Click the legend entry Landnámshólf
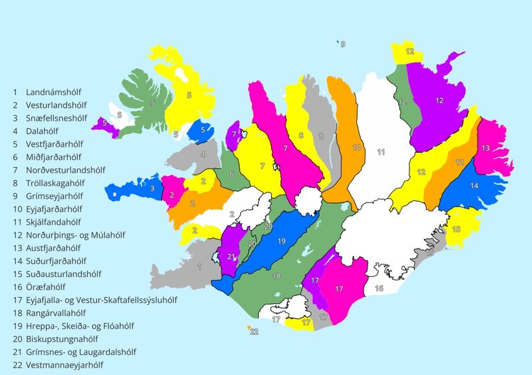[57, 92]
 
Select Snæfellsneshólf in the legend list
[57, 118]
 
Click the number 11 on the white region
[381, 152]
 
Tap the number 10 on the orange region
[356, 147]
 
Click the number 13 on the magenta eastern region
[485, 148]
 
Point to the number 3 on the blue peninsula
[152, 188]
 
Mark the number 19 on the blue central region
[282, 240]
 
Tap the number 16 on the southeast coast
[378, 288]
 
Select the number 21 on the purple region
[231, 257]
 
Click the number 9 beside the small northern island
[344, 45]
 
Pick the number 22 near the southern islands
[254, 331]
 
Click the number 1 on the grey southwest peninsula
[200, 267]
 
